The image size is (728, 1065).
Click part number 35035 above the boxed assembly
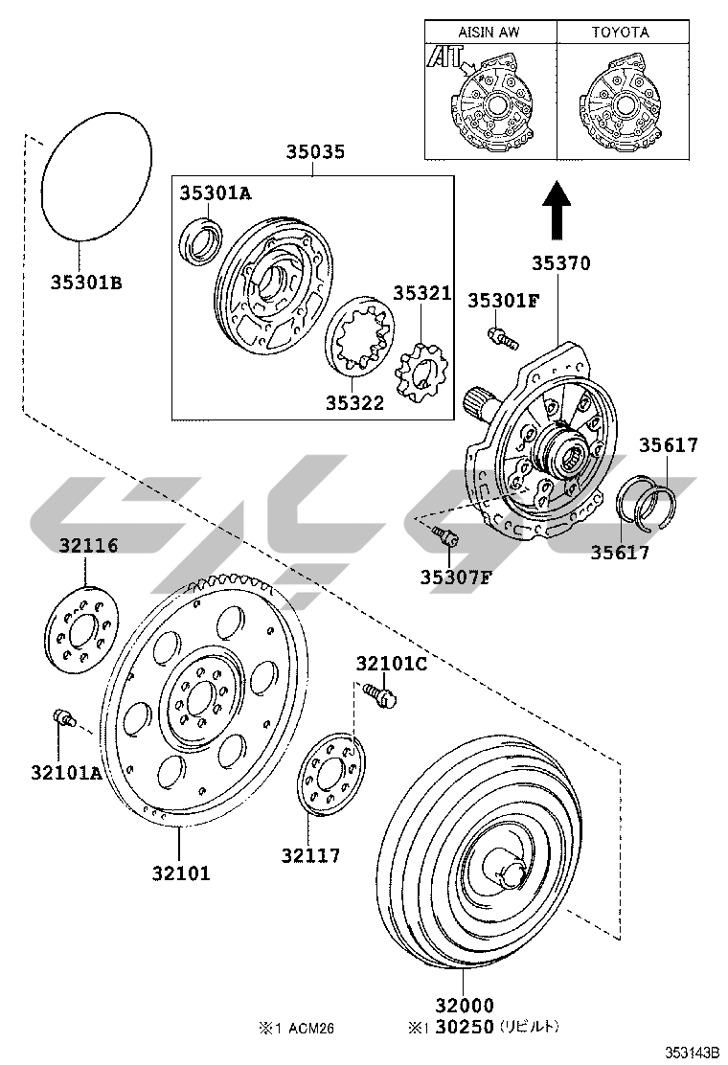[x=315, y=151]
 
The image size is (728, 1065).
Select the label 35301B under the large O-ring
[x=86, y=283]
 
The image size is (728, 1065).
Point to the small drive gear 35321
[x=421, y=372]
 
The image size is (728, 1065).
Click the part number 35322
[x=354, y=403]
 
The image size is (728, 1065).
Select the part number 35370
[x=561, y=262]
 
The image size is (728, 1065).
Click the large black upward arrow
[x=557, y=209]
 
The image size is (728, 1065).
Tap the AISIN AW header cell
[x=489, y=32]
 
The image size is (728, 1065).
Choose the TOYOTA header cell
[x=621, y=32]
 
